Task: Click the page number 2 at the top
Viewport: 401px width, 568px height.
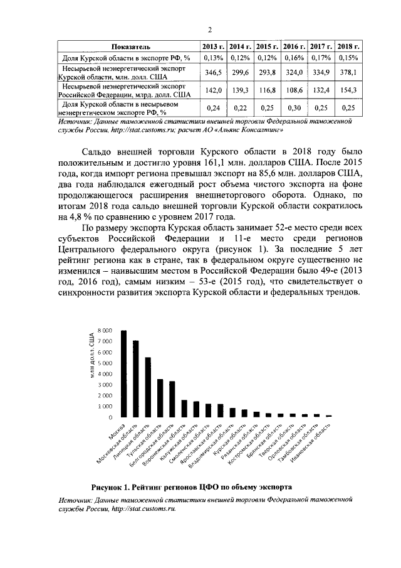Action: pos(210,29)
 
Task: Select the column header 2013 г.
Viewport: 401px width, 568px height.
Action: pos(213,47)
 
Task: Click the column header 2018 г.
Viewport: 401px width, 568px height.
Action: pos(348,47)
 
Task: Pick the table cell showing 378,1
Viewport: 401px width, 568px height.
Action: pos(348,73)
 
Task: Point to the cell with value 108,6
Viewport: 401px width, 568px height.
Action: pos(294,90)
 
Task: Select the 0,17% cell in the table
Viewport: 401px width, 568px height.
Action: pos(321,58)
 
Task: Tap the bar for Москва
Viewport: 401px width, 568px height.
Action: pos(124,374)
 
